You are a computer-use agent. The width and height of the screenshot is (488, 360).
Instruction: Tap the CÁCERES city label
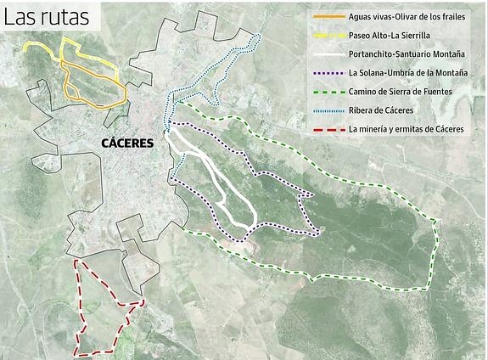point(127,143)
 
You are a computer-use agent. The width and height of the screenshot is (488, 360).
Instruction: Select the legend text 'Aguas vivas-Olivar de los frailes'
point(408,17)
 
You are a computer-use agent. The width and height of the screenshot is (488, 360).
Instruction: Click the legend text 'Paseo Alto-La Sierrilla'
point(389,36)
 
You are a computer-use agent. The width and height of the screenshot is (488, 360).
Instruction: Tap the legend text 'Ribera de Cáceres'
point(380,110)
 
